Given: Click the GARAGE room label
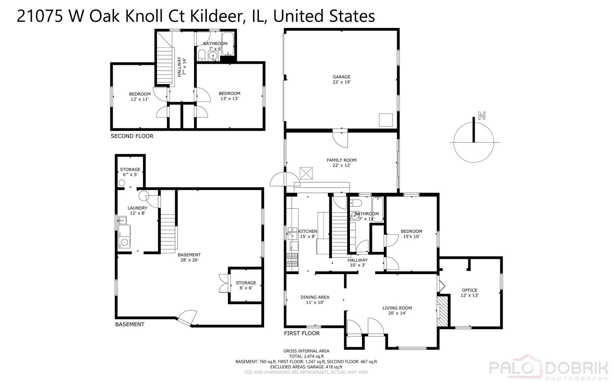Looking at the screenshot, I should click(341, 79).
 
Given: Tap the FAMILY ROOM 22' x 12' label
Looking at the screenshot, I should click(341, 162).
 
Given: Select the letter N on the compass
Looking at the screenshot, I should click(481, 116).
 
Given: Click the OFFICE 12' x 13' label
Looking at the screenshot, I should click(469, 293).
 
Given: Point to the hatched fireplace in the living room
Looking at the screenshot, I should click(442, 311).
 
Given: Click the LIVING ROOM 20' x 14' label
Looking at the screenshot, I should click(397, 310).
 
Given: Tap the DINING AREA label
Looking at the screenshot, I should click(315, 300).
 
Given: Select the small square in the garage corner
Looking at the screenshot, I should click(386, 120).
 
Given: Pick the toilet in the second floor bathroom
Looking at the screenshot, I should click(201, 55).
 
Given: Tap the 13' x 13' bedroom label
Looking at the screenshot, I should click(229, 96).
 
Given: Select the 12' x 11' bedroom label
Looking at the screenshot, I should click(140, 96).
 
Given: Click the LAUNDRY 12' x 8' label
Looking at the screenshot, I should click(138, 211).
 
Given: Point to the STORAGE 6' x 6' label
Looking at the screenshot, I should click(246, 285).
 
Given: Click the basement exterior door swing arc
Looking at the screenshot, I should click(187, 317).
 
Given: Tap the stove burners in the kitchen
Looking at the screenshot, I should click(292, 260).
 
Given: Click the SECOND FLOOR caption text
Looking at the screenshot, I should click(132, 136).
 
